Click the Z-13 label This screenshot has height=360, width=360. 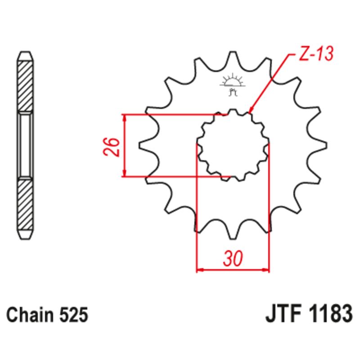coord(315,54)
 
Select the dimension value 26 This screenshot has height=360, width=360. coord(113,146)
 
